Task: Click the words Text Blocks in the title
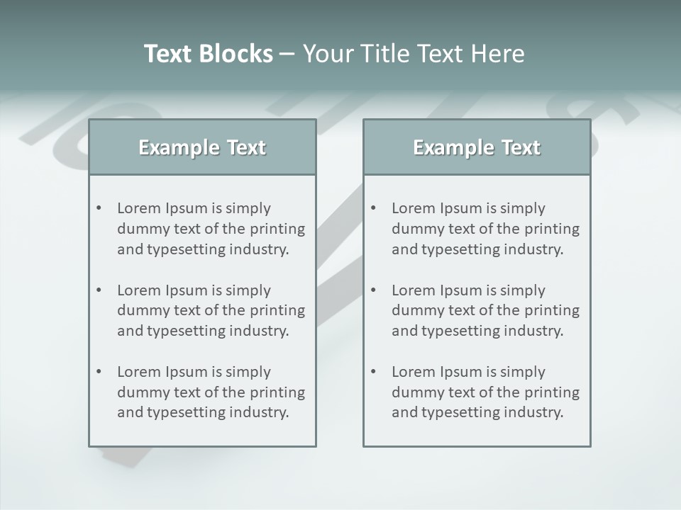208,54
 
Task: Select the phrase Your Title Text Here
414,54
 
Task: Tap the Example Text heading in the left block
202,147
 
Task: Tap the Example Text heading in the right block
477,147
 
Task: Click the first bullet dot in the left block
99,208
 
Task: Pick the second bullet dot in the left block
99,290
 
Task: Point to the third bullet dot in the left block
99,372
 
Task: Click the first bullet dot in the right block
374,208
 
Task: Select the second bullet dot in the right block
374,290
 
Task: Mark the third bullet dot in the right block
374,372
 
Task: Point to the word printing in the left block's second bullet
279,310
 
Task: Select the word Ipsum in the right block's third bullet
461,372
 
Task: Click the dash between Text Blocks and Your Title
287,55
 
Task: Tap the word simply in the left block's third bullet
248,372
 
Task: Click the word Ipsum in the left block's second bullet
187,290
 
